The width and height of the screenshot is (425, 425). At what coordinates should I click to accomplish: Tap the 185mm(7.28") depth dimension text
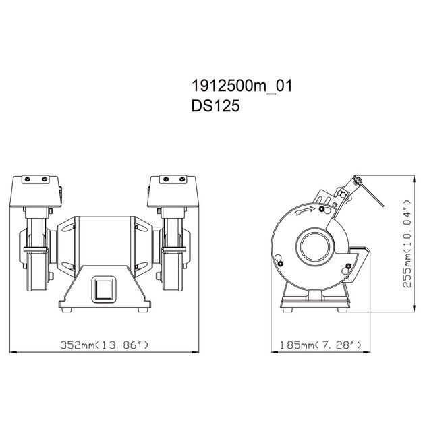320,345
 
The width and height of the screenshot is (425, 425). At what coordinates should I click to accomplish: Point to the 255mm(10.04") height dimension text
407,244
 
